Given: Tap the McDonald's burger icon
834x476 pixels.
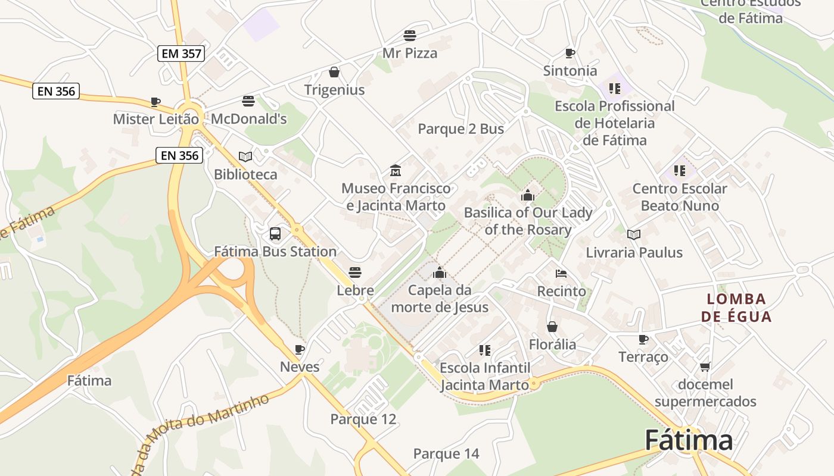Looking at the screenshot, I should [248, 101].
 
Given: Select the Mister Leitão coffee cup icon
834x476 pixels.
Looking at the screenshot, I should [155, 102].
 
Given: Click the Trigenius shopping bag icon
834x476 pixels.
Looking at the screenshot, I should [334, 72].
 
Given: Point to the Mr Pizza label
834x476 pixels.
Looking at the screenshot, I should [410, 53].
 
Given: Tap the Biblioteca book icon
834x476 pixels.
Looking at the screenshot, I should [245, 156].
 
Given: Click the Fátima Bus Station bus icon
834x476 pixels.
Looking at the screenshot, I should [275, 234].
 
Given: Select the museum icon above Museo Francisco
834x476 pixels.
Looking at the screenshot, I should [395, 171].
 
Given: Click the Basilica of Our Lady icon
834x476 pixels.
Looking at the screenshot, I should [528, 195].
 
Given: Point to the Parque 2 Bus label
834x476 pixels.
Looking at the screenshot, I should [460, 129].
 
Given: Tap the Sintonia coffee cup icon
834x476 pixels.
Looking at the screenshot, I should [570, 53].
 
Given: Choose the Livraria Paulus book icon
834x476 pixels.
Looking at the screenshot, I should [634, 234].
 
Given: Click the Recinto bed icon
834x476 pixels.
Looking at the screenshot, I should [561, 274].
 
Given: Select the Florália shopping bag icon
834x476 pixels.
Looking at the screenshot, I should [552, 327].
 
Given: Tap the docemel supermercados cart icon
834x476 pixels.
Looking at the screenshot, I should [705, 367].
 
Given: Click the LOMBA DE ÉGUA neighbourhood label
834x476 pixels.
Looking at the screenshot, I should [736, 307].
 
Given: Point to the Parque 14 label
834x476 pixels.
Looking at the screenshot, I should [446, 454].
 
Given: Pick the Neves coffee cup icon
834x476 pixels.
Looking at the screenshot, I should [300, 349].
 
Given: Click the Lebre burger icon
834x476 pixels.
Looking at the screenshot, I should [355, 273].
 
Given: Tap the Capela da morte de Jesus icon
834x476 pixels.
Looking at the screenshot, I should [440, 273].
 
